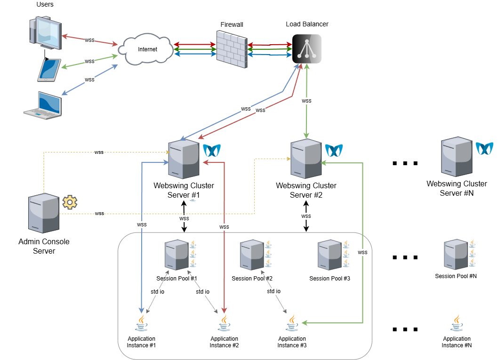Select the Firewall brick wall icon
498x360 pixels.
click(x=231, y=49)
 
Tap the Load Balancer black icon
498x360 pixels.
click(x=307, y=49)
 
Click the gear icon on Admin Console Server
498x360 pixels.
click(x=70, y=202)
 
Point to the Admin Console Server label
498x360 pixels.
click(x=44, y=246)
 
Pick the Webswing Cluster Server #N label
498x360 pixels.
click(x=457, y=188)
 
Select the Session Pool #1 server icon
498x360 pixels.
click(x=176, y=255)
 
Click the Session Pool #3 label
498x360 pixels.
click(x=329, y=279)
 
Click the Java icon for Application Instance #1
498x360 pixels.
click(x=141, y=324)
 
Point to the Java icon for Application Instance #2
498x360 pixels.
click(x=224, y=324)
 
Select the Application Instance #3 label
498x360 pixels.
click(x=292, y=342)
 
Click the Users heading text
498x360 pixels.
click(x=45, y=5)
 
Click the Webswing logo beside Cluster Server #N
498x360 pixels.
click(x=484, y=148)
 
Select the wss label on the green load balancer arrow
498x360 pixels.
click(x=306, y=101)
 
